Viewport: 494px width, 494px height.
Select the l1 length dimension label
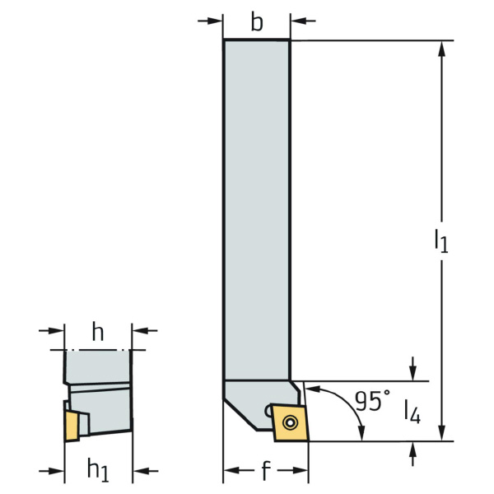[x=441, y=241]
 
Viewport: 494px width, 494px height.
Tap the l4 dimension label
[x=412, y=411]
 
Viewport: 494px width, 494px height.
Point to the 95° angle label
[x=372, y=400]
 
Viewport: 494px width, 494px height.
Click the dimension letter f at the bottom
[x=266, y=470]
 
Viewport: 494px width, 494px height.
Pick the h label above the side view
[x=98, y=332]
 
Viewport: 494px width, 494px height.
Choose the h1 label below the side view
[x=98, y=470]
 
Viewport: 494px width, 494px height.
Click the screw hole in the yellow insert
[x=290, y=422]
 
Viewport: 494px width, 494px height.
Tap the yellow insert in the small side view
[x=72, y=426]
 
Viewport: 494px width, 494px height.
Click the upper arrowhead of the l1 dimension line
[x=441, y=49]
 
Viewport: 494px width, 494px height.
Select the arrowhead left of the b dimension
[x=215, y=21]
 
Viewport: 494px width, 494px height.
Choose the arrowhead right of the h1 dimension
[x=141, y=471]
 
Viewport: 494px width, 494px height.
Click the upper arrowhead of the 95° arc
[x=314, y=389]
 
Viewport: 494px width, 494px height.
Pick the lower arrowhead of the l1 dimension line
[x=441, y=433]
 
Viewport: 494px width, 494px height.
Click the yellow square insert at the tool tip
[x=290, y=423]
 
